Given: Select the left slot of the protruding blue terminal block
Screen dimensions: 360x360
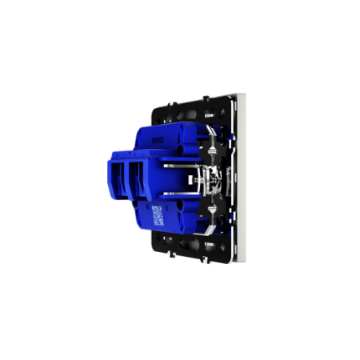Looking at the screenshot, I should pyautogui.click(x=119, y=178).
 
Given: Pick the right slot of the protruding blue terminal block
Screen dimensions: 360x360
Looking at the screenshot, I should pyautogui.click(x=138, y=178).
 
